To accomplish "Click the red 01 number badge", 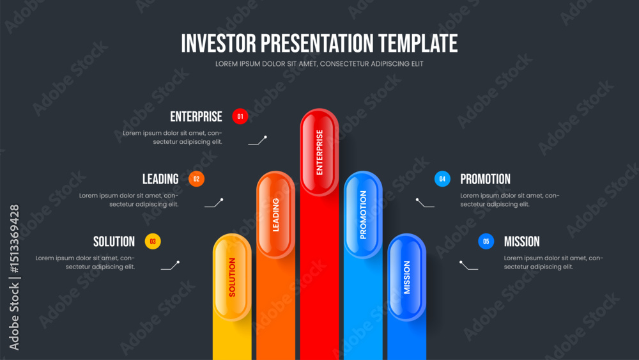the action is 240,116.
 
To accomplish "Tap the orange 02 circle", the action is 196,179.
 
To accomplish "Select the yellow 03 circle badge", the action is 153,241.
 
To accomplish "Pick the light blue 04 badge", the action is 442,179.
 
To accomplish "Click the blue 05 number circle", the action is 486,241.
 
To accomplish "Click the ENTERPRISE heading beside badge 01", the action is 196,116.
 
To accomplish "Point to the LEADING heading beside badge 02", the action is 160,179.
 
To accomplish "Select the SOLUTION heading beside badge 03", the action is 114,241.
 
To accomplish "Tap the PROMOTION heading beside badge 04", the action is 485,179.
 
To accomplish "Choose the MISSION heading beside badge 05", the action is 521,241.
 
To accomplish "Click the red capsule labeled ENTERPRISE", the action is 319,152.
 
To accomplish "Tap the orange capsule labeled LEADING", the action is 276,214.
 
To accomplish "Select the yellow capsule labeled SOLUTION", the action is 233,278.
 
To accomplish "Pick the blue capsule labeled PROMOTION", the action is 363,214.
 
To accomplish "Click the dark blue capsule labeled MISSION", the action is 406,278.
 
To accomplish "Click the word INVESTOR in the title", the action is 219,43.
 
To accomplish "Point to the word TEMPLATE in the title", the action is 418,43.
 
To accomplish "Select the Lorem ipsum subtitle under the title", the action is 319,64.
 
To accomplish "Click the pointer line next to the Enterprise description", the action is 258,140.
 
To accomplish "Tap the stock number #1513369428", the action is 14,239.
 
